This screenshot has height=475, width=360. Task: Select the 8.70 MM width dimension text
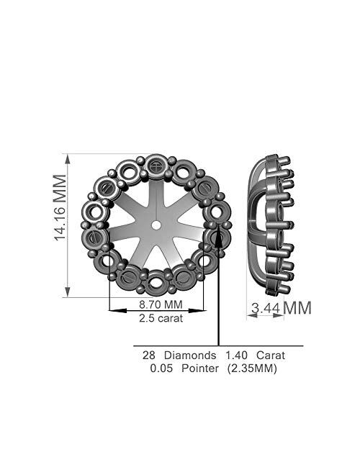158,305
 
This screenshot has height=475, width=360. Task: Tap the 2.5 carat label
160,318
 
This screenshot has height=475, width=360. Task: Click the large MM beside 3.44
297,308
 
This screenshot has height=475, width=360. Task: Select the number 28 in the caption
149,356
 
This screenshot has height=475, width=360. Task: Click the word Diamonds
191,356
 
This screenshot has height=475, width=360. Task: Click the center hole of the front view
156,225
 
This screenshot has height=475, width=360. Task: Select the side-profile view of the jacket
267,225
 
